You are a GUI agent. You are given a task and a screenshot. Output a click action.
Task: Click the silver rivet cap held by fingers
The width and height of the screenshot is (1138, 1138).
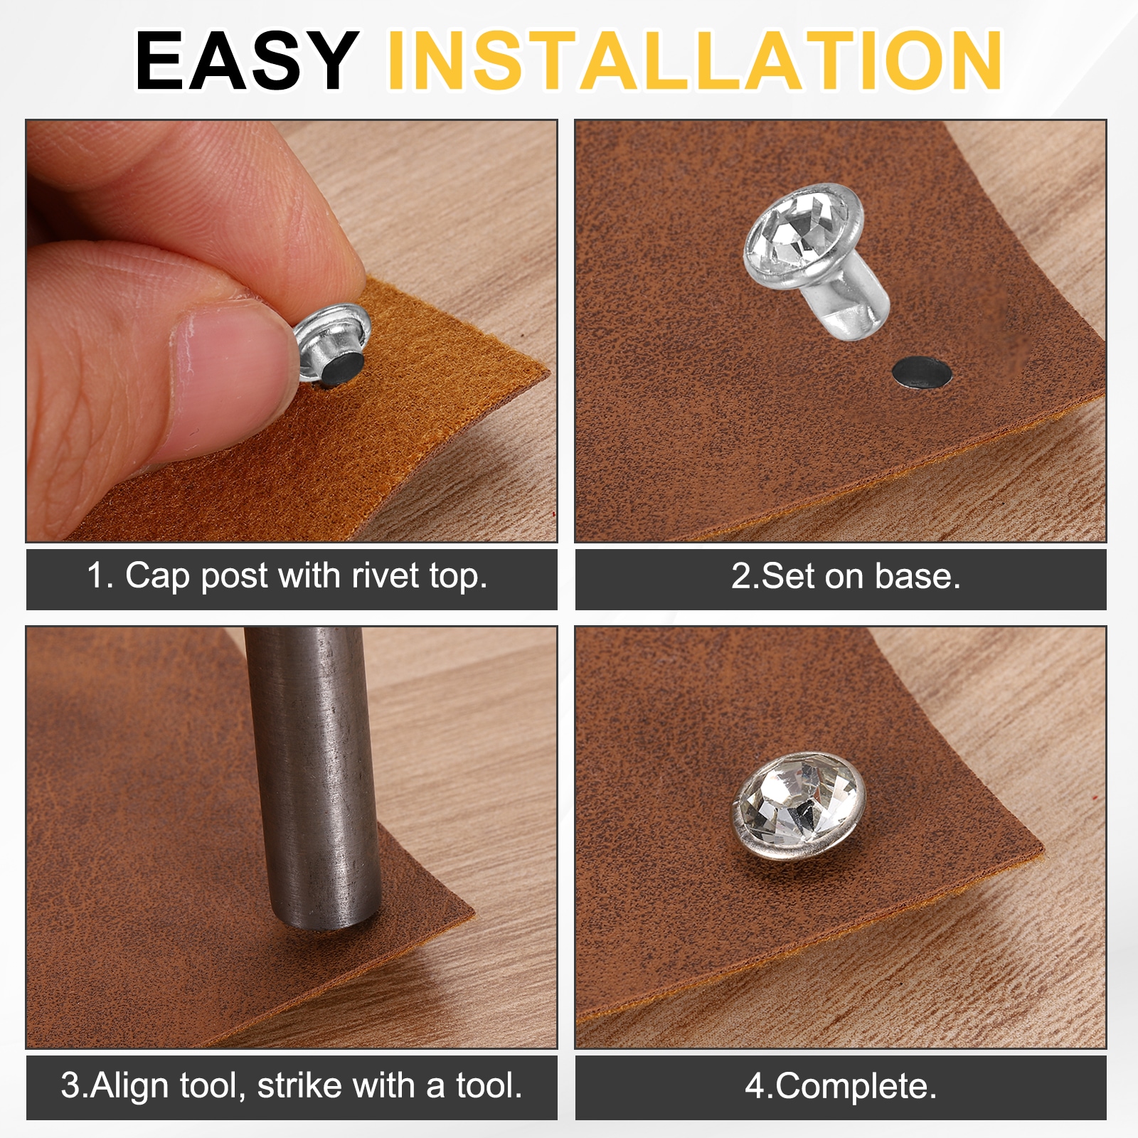click(333, 346)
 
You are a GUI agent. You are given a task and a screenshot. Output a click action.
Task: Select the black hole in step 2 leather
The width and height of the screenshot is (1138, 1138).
click(922, 373)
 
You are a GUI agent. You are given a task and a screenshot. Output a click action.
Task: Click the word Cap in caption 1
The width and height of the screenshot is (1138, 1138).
click(157, 576)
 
